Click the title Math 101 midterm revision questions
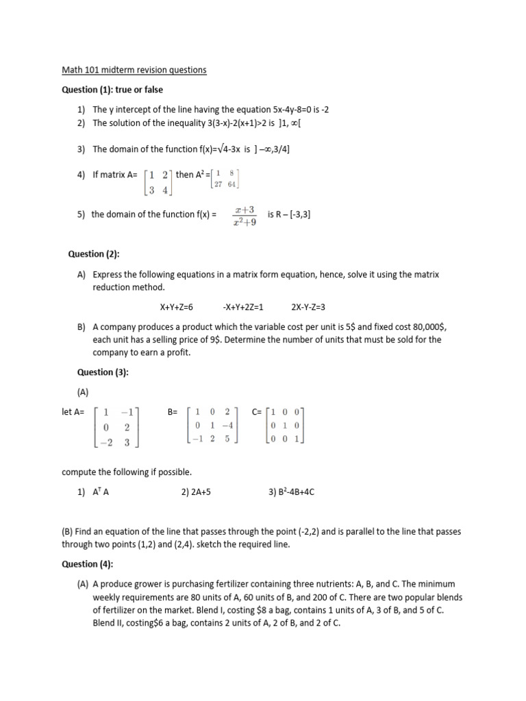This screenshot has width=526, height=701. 134,70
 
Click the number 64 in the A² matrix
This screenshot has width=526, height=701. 233,184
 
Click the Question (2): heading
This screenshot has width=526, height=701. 94,254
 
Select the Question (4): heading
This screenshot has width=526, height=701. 95,564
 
